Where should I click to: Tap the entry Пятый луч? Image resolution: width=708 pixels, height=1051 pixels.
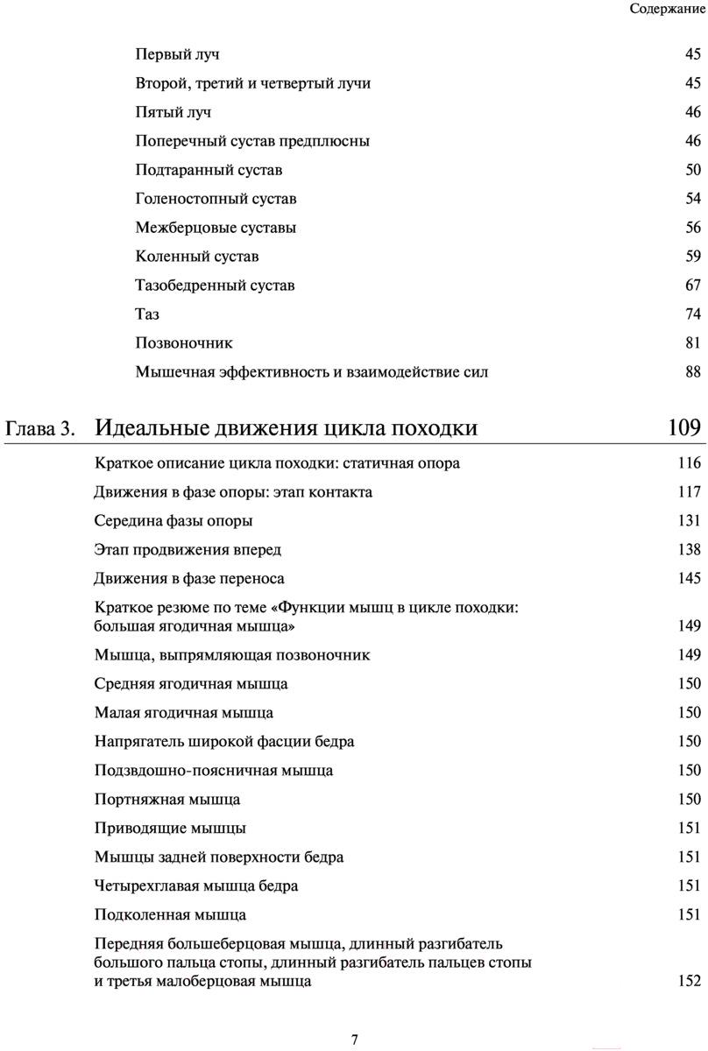pos(173,112)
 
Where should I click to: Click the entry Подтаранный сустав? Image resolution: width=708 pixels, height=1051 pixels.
pos(209,170)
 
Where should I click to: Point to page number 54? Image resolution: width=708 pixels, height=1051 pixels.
pos(693,199)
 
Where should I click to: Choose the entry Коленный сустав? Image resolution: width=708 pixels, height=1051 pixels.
pos(197,257)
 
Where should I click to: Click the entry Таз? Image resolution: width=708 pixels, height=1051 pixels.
pos(147,314)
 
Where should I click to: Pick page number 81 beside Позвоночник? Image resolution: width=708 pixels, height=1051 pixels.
pos(693,343)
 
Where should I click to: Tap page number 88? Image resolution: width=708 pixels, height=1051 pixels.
pos(693,372)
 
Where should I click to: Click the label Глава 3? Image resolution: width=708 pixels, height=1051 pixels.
pos(40,429)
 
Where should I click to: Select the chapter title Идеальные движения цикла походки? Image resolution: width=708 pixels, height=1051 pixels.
pos(286,428)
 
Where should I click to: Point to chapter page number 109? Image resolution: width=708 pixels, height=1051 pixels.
pos(683,428)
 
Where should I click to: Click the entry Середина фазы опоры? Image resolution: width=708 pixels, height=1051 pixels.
pos(173,521)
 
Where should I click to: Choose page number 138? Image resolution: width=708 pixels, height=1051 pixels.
pos(690,550)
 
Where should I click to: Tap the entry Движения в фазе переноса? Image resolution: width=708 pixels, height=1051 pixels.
pos(189,579)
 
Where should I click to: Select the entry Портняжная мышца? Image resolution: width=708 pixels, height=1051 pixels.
pos(167,800)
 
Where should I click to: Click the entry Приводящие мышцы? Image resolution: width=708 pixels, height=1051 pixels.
pos(170,829)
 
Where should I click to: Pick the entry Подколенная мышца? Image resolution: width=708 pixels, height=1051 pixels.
pos(170,915)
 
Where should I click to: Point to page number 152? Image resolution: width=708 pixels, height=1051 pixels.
pos(690,982)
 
